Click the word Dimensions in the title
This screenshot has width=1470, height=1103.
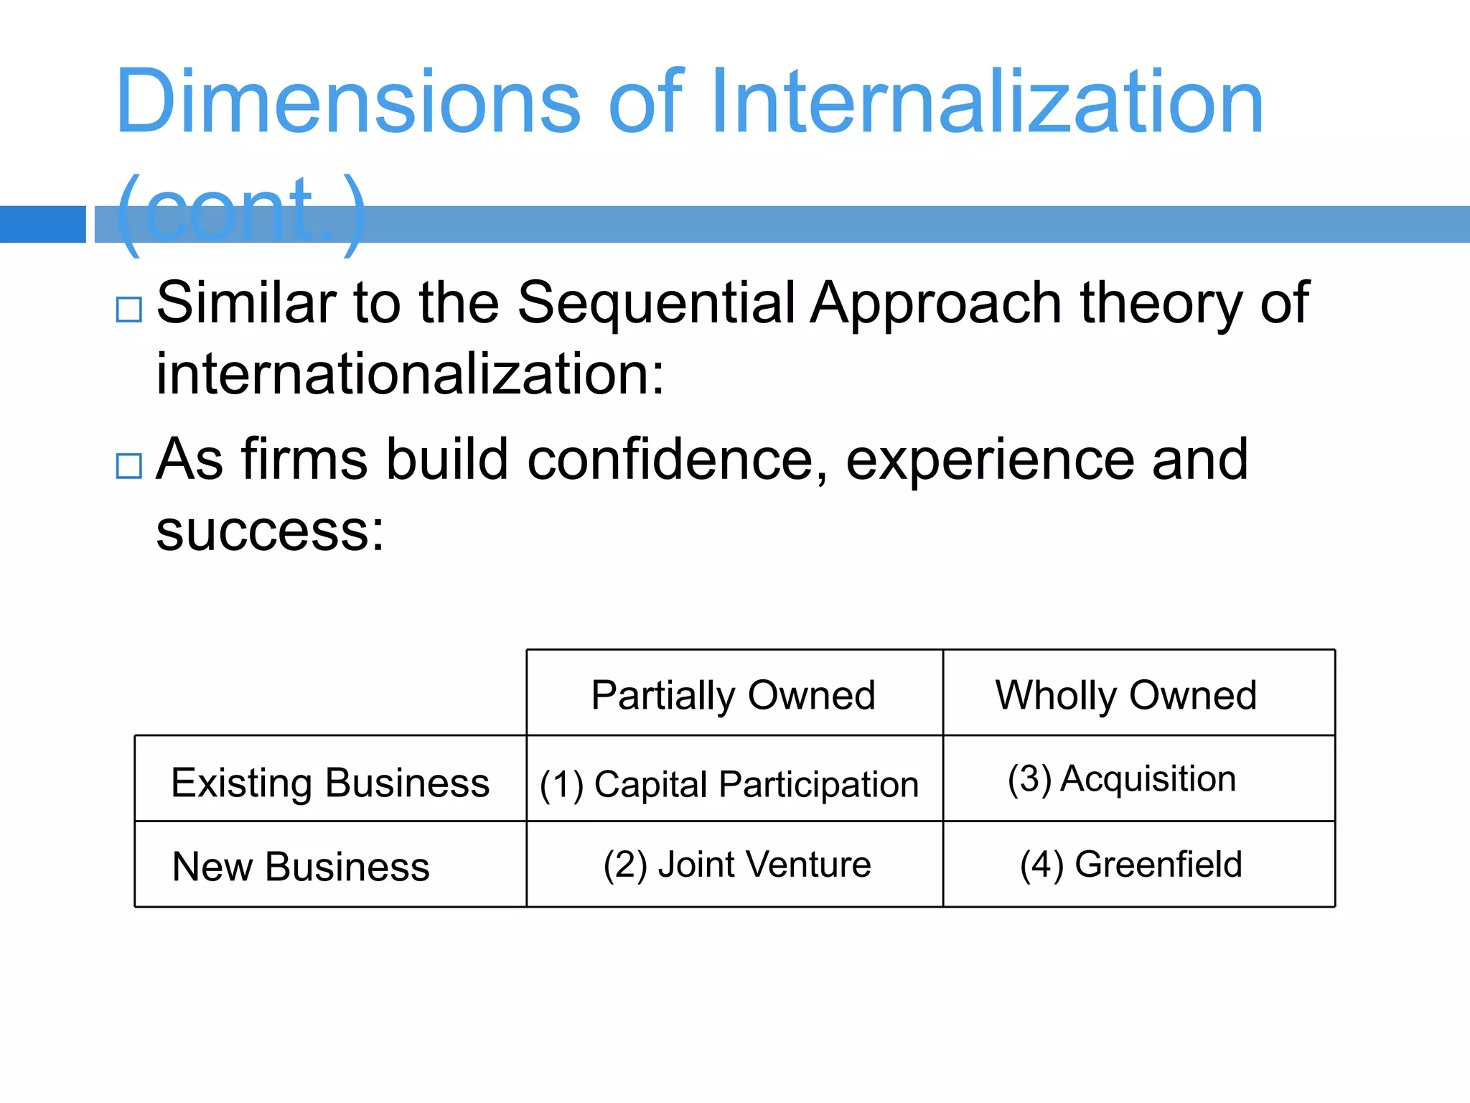coord(347,102)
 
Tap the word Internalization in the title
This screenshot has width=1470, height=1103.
coord(986,102)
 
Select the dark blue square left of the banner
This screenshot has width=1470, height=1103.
coord(42,224)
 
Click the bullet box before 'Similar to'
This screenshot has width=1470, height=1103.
coord(129,310)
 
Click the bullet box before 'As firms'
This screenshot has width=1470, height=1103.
coord(129,466)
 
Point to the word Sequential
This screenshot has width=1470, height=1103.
coord(656,303)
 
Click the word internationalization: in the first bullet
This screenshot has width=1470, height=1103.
coord(411,375)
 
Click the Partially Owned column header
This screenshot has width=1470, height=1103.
coord(733,695)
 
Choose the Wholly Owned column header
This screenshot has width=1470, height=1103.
coord(1125,695)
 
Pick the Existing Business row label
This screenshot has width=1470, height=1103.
coord(330,782)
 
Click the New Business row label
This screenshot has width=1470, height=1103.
coord(301,867)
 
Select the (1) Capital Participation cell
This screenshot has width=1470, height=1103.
coord(729,783)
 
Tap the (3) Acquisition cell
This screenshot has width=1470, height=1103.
coord(1122,779)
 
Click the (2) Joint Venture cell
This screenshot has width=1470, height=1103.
coord(737,865)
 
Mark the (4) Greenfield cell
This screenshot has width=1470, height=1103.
coord(1130,865)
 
